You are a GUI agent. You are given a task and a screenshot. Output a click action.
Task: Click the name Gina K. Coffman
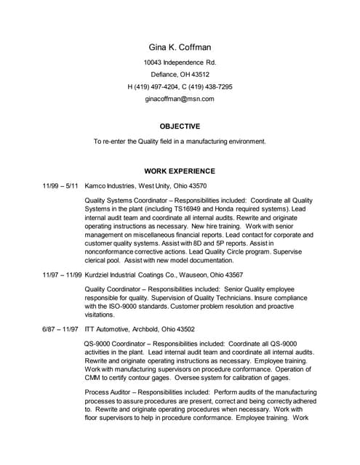click(x=180, y=47)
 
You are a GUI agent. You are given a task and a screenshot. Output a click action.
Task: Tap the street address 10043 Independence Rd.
click(x=180, y=62)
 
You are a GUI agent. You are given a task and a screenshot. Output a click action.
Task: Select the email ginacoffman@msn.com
click(x=180, y=98)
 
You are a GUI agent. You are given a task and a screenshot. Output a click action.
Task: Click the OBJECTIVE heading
click(x=180, y=126)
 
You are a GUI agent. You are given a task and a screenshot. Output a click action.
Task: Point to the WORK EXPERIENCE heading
click(x=180, y=171)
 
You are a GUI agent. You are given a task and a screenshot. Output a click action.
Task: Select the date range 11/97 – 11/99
click(x=62, y=275)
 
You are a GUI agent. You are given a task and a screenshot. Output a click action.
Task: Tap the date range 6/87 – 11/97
click(x=60, y=329)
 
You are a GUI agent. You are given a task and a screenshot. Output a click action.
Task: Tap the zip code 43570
click(x=196, y=187)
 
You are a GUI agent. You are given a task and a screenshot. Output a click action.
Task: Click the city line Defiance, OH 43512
click(x=180, y=74)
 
